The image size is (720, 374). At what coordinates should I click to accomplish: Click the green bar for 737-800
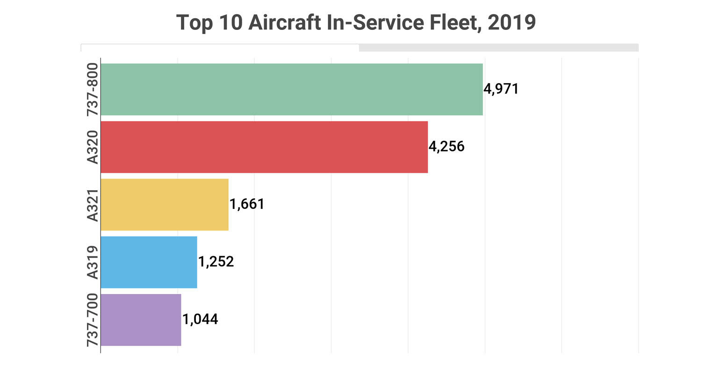coord(292,89)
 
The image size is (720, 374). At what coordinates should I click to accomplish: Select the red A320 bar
coord(264,147)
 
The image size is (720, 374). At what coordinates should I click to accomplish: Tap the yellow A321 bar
coord(165,204)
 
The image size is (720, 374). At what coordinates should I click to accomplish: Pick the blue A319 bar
coord(149,262)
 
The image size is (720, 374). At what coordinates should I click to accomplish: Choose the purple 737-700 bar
coord(141,320)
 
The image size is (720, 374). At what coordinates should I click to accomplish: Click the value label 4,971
coord(501,89)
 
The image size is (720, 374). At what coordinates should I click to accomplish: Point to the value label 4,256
coord(446,147)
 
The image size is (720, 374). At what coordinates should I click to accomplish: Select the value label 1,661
coord(247,204)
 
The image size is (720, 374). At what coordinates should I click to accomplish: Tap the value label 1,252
coord(216,262)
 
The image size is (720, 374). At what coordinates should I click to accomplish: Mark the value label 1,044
coord(200,320)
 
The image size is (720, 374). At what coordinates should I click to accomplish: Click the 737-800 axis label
coord(92,89)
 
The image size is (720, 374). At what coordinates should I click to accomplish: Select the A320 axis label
coord(92,147)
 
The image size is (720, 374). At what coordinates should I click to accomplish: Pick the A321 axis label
coord(92,205)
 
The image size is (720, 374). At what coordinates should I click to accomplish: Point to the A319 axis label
coord(92,262)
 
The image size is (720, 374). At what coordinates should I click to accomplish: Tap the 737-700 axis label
coord(92,320)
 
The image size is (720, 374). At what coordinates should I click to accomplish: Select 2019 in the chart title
coord(511,22)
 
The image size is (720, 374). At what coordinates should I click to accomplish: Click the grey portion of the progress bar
coord(498,48)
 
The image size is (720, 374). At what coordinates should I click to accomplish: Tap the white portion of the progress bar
coord(220,48)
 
